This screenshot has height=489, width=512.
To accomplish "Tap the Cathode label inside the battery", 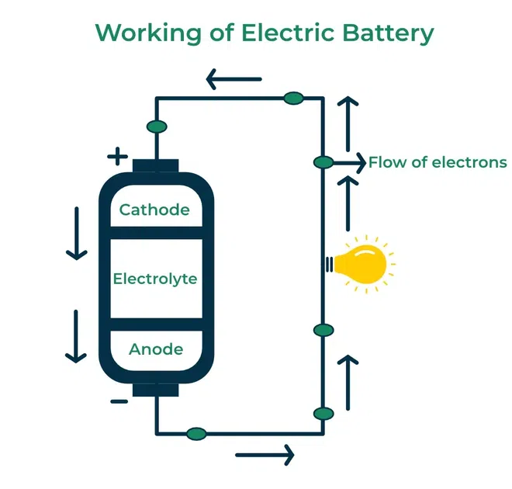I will click(154, 210).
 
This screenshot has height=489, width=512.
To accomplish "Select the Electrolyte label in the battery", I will click(155, 279).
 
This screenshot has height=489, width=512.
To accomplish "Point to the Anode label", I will click(156, 349).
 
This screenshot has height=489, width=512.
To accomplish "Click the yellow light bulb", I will click(365, 263).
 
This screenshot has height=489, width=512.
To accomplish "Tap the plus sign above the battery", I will click(117, 157).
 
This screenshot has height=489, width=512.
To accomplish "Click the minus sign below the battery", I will click(119, 401).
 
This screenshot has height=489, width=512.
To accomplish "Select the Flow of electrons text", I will click(438, 162).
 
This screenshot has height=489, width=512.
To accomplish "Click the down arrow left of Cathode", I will click(75, 233).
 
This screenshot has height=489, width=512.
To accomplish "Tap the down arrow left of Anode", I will click(75, 336).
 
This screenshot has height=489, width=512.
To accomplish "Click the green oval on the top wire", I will click(293, 98).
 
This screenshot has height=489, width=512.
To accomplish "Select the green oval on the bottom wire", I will click(196, 433).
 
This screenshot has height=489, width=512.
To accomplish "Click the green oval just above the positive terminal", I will click(156, 127).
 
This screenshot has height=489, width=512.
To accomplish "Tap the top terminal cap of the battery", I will click(156, 165).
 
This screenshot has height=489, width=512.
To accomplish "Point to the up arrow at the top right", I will click(348, 124).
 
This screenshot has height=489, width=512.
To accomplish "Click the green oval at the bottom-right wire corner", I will click(323, 413).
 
